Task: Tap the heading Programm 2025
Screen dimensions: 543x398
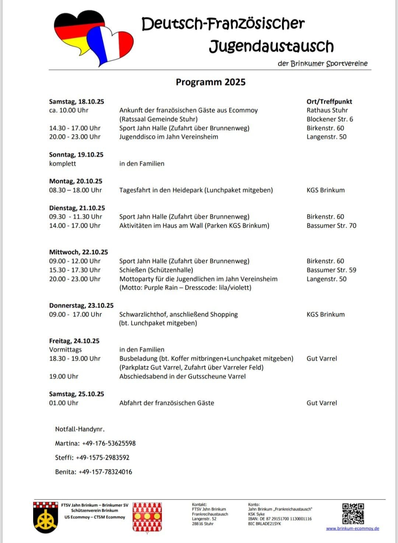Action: (x=210, y=82)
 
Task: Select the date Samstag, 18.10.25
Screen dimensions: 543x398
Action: (x=77, y=102)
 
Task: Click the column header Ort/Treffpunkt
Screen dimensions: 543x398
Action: (x=329, y=102)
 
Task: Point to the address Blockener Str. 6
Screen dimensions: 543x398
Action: (x=329, y=119)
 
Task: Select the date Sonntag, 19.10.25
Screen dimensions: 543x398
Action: (x=76, y=155)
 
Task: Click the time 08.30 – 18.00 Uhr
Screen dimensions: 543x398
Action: (x=75, y=190)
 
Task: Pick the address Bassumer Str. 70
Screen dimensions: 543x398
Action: (x=331, y=226)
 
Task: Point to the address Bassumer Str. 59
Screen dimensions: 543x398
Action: (x=331, y=270)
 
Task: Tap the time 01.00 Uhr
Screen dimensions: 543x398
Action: (x=64, y=403)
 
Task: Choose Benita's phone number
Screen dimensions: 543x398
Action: (x=105, y=472)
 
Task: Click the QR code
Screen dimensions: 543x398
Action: (x=353, y=514)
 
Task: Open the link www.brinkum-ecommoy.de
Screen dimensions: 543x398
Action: (x=352, y=529)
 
